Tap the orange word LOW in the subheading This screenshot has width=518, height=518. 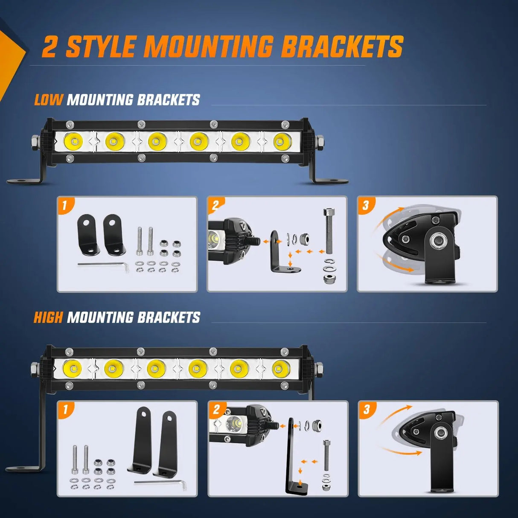click(x=48, y=99)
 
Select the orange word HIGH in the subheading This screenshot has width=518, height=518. click(x=48, y=317)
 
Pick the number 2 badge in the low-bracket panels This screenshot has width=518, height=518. click(x=215, y=205)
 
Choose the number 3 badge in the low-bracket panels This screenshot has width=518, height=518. click(x=365, y=206)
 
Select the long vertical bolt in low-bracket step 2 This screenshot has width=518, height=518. click(x=328, y=231)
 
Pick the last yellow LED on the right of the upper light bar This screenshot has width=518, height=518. click(x=282, y=141)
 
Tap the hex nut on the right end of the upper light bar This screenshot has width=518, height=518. click(x=321, y=141)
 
